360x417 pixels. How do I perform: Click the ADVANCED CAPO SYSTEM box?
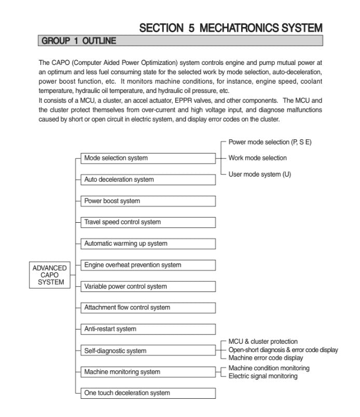[x=49, y=275]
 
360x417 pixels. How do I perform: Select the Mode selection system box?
[x=148, y=158]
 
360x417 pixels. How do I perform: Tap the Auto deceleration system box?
[x=148, y=180]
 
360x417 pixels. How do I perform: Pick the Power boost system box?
[x=148, y=201]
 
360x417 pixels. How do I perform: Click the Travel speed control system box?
[x=148, y=222]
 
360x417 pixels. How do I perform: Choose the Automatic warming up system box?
[x=148, y=244]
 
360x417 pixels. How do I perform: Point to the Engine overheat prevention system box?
[x=148, y=265]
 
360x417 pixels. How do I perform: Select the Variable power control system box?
[x=148, y=286]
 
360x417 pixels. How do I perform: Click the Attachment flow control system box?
[x=148, y=307]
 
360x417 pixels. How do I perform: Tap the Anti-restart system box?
[x=148, y=329]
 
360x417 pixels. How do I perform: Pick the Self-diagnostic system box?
[x=148, y=351]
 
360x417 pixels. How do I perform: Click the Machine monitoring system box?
[x=148, y=372]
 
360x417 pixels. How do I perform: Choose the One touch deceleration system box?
[x=148, y=393]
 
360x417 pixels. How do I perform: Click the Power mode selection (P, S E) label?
[x=270, y=142]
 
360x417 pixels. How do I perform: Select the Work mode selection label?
[x=257, y=158]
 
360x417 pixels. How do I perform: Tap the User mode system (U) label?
[x=259, y=174]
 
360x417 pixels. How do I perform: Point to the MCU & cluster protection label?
[x=263, y=342]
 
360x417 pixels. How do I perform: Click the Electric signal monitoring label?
[x=263, y=376]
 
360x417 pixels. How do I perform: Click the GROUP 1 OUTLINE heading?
[x=79, y=41]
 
